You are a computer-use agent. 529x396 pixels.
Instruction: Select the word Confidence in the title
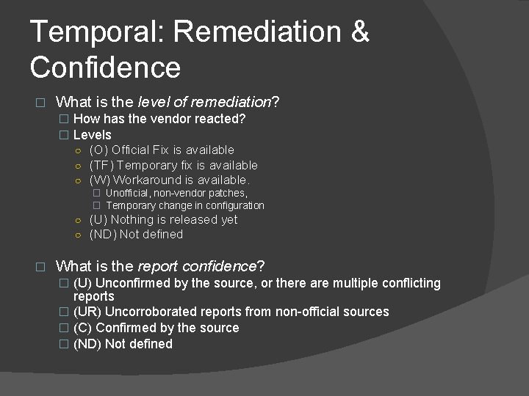pos(105,67)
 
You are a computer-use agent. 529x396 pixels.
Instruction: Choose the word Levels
pos(93,135)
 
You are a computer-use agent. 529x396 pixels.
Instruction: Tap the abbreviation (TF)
pos(101,166)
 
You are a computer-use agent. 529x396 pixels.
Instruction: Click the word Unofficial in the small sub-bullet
pos(129,193)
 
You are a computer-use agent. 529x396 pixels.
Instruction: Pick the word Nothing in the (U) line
pos(132,219)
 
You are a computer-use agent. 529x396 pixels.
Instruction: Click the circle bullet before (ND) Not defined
pos(78,235)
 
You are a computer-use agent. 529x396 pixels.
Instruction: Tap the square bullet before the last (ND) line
pos(63,344)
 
